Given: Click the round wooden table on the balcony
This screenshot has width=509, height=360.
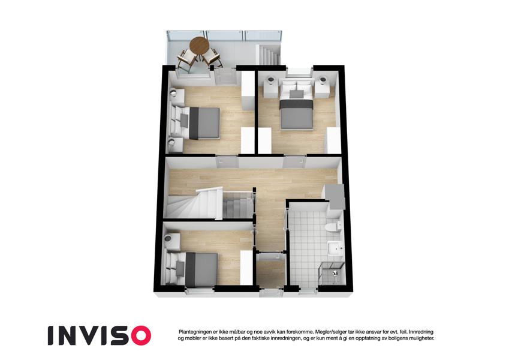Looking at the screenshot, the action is tap(199, 46).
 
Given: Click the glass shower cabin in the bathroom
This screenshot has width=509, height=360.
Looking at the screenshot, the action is tap(331, 272).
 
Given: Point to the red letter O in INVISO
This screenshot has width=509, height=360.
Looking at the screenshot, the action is tap(138, 335).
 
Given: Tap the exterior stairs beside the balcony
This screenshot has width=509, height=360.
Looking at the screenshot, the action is tap(269, 55).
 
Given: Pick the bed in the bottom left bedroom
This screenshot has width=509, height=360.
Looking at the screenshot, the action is tap(191, 269).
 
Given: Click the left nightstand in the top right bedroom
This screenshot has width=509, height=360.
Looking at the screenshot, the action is tap(272, 86).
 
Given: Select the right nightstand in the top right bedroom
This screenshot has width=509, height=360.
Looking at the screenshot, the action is tap(322, 86).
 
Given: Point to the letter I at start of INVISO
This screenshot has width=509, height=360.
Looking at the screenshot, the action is tap(50, 335).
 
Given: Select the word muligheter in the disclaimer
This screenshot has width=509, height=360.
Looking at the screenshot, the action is tap(421, 338).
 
